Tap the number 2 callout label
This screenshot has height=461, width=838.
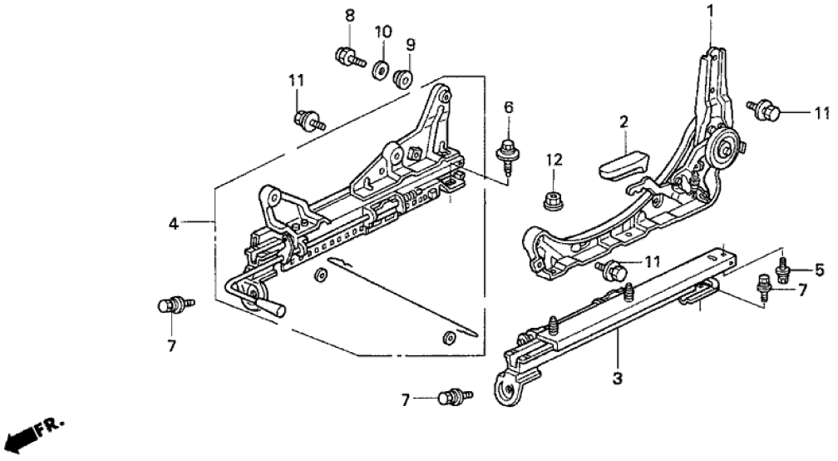pyautogui.click(x=623, y=122)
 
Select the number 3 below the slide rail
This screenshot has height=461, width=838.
pyautogui.click(x=617, y=379)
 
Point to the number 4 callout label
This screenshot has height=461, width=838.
pyautogui.click(x=173, y=223)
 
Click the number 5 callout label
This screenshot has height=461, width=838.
pyautogui.click(x=819, y=270)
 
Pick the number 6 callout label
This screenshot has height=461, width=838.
pyautogui.click(x=509, y=107)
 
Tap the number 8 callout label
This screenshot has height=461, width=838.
pyautogui.click(x=349, y=14)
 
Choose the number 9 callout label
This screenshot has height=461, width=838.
pyautogui.click(x=410, y=44)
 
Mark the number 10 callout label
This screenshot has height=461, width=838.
pyautogui.click(x=382, y=32)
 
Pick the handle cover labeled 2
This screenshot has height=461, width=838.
pyautogui.click(x=621, y=158)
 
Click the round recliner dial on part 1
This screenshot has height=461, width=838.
pyautogui.click(x=722, y=151)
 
